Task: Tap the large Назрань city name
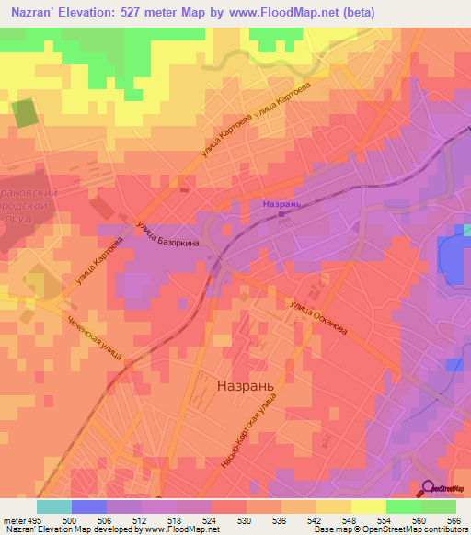coord(244,387)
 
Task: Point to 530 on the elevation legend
coord(245,519)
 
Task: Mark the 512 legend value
coord(141,519)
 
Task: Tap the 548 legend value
coord(349,519)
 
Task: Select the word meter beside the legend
coord(14,519)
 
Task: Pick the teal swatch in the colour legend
coord(54,507)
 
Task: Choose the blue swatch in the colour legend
coord(89,507)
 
